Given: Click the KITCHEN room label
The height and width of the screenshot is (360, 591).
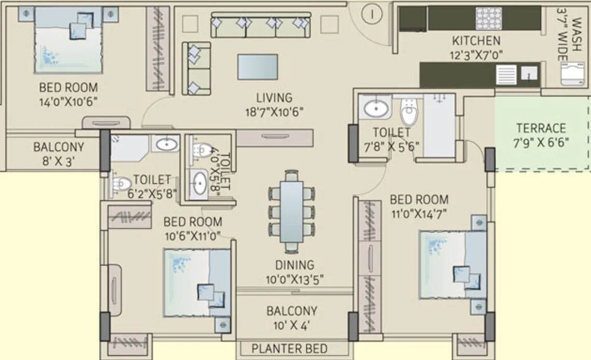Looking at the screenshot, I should click(x=476, y=40).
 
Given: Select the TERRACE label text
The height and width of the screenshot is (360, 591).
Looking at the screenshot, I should click(x=541, y=128).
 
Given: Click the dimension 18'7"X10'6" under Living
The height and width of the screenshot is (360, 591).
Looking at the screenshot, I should click(x=274, y=111).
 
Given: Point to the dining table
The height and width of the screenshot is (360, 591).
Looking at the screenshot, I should click(x=292, y=207).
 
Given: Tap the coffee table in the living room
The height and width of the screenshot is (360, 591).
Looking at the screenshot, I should click(x=257, y=66).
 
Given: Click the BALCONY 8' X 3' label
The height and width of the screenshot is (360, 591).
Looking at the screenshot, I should click(x=58, y=154).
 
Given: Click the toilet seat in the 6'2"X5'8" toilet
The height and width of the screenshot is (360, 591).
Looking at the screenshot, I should click(x=121, y=183).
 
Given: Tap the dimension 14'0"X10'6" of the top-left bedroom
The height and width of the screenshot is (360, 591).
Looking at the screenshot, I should click(x=68, y=101).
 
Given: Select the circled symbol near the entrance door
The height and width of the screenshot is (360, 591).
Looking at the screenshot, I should click(x=371, y=14).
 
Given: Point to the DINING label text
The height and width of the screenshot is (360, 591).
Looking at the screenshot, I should click(x=294, y=265).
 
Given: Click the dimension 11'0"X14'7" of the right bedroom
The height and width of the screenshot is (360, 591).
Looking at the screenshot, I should click(x=419, y=213).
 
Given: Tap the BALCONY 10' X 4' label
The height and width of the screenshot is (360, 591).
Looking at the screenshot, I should click(x=291, y=319).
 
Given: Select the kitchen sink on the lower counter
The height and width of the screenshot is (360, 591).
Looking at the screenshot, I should click(x=528, y=74).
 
